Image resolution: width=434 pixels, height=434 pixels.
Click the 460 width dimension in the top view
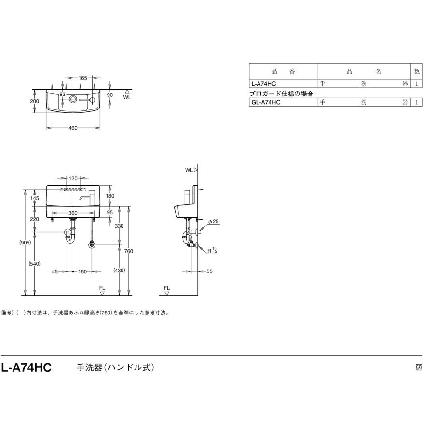(x=73, y=128)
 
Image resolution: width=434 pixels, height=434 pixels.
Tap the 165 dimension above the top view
(x=82, y=78)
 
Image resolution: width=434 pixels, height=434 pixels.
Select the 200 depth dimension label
(x=35, y=101)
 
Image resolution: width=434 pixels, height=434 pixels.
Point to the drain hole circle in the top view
(x=73, y=99)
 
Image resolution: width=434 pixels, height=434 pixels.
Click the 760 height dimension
(x=128, y=251)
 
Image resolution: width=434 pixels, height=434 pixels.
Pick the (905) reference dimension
(x=25, y=243)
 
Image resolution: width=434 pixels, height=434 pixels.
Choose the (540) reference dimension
(x=35, y=264)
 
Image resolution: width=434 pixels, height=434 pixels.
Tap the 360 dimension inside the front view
(x=73, y=213)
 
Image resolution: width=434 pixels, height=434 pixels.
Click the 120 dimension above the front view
(x=73, y=178)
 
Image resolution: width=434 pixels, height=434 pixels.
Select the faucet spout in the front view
(x=83, y=197)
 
